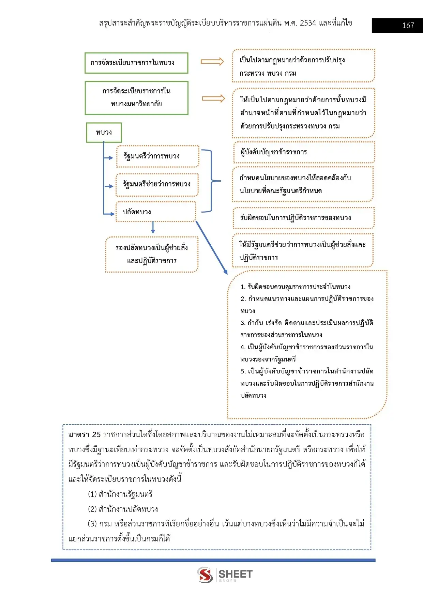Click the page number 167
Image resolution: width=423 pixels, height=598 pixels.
click(408, 26)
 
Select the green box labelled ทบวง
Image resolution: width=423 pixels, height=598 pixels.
click(104, 132)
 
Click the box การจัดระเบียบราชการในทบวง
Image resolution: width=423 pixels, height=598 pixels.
click(136, 63)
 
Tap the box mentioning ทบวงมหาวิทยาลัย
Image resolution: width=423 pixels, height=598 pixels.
click(136, 98)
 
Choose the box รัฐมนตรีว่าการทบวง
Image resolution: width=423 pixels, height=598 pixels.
click(157, 156)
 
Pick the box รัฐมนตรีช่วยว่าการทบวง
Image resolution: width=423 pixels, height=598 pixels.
click(157, 184)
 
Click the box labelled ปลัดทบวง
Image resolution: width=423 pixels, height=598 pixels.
click(156, 212)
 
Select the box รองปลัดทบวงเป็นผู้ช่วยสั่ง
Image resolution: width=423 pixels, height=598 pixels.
click(152, 254)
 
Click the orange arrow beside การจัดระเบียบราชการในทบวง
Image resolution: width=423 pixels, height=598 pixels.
click(212, 62)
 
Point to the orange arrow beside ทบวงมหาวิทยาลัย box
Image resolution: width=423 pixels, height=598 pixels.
click(213, 98)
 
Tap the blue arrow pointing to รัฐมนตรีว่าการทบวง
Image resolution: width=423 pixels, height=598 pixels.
click(108, 158)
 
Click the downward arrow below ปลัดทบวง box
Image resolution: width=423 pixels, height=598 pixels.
click(153, 227)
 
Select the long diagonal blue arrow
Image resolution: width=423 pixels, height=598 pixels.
click(211, 248)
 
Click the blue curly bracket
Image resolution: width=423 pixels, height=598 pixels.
click(211, 181)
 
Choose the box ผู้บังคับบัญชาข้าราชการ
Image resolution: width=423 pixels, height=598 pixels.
click(304, 152)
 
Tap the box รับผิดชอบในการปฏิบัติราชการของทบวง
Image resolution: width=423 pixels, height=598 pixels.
click(304, 218)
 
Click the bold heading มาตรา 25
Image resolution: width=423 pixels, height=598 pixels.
click(85, 434)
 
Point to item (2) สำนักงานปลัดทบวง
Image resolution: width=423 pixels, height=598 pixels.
click(123, 509)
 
